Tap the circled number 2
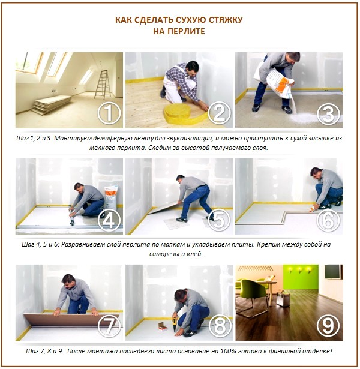coord(218,112)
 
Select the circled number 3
coord(328,112)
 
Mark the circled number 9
coord(328,326)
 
